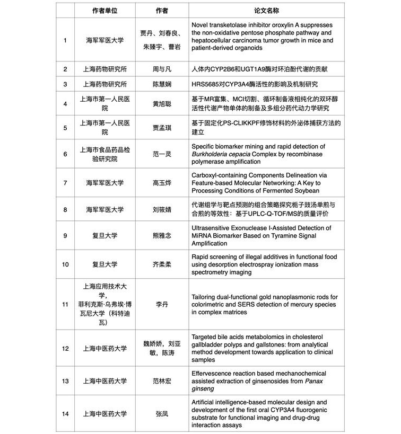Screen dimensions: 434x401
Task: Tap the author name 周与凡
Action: tap(162, 69)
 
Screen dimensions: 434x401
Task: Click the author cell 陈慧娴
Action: tap(162, 84)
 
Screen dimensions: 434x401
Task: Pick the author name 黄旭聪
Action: tap(162, 104)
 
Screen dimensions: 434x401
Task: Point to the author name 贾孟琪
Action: tap(162, 128)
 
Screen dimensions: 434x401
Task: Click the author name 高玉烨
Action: tap(162, 183)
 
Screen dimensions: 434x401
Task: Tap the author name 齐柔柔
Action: tap(162, 264)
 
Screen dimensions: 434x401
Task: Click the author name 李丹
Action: tap(162, 304)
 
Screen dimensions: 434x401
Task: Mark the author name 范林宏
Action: tap(162, 381)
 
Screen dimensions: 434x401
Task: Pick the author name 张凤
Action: tap(162, 413)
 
